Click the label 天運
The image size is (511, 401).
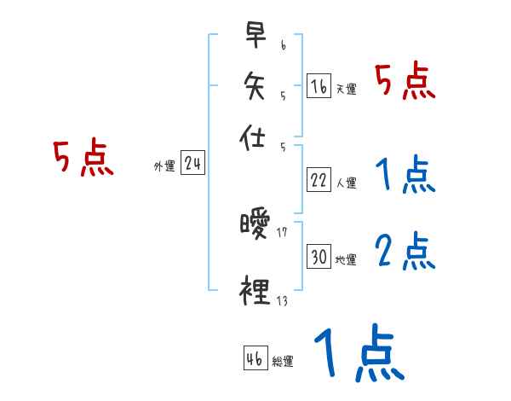(x=346, y=89)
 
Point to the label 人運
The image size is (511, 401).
(x=346, y=183)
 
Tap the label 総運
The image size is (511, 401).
(x=283, y=360)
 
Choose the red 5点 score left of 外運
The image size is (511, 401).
(x=83, y=159)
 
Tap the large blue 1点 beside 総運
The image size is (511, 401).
(x=359, y=353)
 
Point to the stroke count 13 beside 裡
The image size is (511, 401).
(x=281, y=299)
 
